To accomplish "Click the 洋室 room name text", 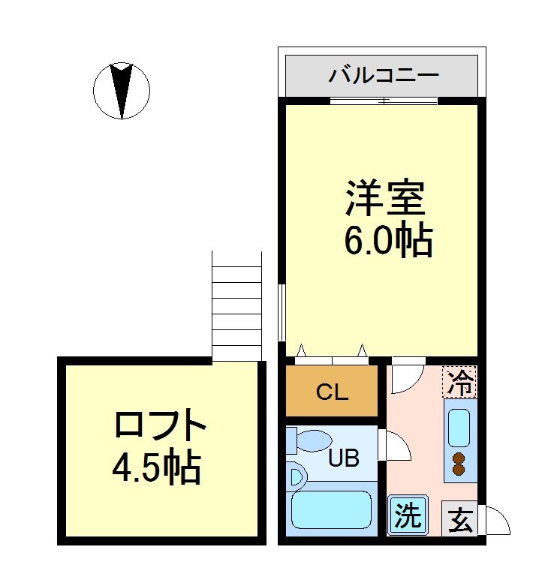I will pos(386,198).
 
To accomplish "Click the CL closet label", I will pos(331,391).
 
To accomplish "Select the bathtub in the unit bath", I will pos(331,512).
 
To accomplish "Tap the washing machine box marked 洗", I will pos(408,515).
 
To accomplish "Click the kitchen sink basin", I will pos(459,426).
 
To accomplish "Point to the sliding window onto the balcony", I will pos(383,101).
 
